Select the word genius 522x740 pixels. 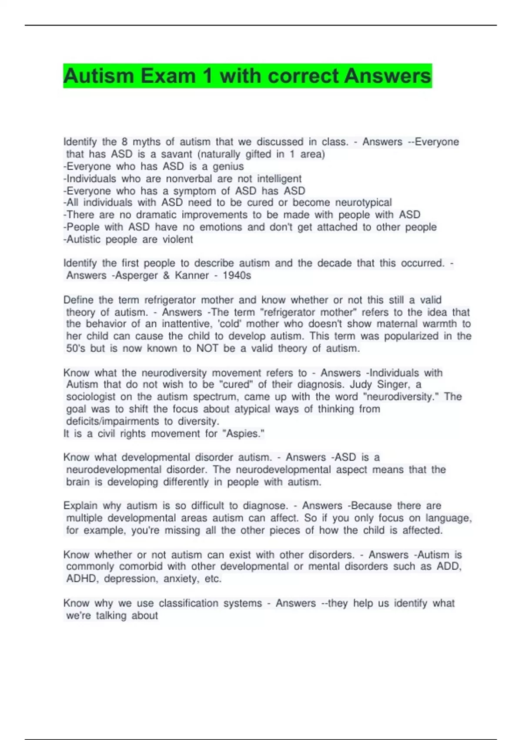coord(228,166)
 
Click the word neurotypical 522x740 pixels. coord(364,202)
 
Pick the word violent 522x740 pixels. coord(177,239)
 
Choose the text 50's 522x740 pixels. coord(76,348)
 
